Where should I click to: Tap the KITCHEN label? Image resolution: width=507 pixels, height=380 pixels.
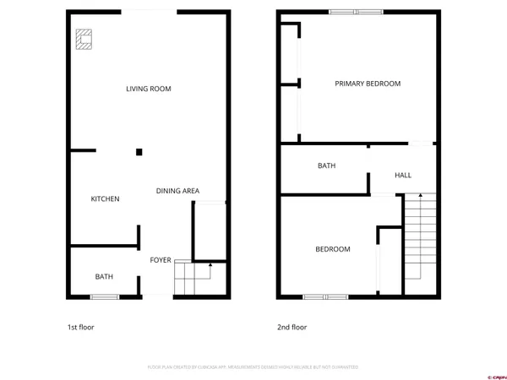[x=106, y=199]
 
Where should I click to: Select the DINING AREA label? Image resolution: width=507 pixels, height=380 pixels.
[x=177, y=191]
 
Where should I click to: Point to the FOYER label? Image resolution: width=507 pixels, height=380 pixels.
[x=161, y=260]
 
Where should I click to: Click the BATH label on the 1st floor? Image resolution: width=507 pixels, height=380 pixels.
[x=104, y=276]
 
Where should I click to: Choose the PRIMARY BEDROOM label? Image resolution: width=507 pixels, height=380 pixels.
[x=368, y=84]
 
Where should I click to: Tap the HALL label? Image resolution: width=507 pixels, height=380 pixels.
[x=403, y=175]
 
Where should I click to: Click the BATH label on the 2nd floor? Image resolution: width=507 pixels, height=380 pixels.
[x=327, y=166]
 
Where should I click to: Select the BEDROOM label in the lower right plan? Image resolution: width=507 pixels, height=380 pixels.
[x=333, y=249]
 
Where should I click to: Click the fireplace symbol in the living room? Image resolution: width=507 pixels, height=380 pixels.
[x=84, y=39]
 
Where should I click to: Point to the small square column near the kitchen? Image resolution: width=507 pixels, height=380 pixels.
[x=139, y=152]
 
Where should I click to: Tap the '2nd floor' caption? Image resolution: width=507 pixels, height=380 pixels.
[x=292, y=327]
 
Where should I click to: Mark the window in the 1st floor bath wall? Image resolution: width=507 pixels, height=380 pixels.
[x=104, y=296]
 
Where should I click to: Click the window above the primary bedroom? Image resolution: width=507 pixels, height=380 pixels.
[x=356, y=11]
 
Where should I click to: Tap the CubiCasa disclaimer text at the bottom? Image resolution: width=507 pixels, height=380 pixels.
[x=253, y=367]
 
